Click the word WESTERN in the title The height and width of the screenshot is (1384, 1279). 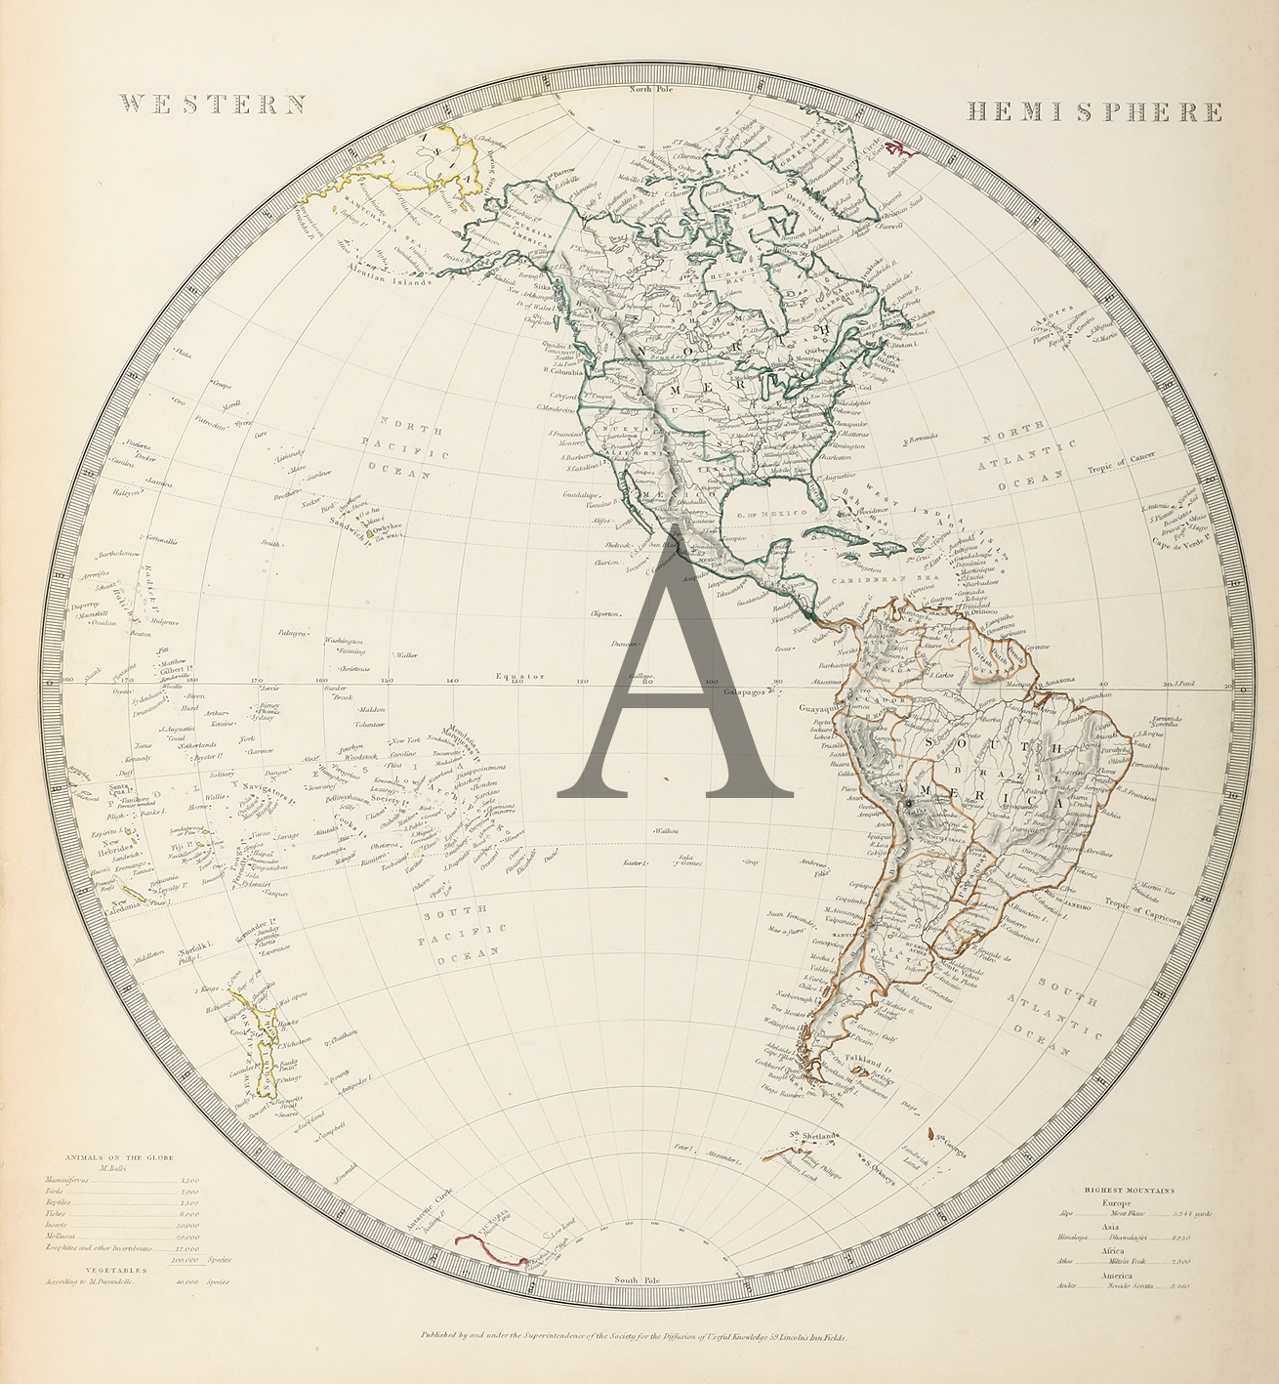coord(212,105)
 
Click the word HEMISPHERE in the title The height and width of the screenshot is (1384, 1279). coord(1093,111)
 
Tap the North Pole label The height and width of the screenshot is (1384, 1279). coord(652,90)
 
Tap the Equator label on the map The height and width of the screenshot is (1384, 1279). coord(518,676)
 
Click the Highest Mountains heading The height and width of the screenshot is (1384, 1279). coord(1130,1191)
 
